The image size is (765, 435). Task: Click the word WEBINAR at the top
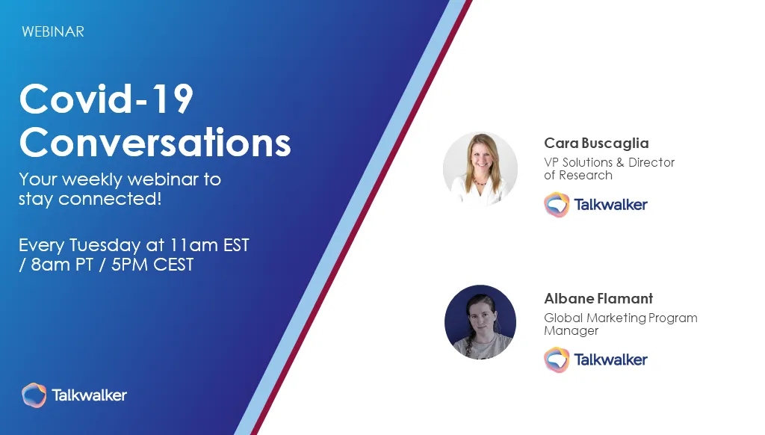[x=53, y=31]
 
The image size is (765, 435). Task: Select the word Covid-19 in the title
[x=106, y=99]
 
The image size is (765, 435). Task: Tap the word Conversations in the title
[x=155, y=142]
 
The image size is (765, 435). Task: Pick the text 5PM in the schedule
[x=129, y=265]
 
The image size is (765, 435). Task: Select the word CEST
[x=173, y=265]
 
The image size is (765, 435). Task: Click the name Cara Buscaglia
[x=596, y=143]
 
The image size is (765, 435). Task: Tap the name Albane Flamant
[x=598, y=298]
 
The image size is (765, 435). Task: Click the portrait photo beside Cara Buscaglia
[x=480, y=168]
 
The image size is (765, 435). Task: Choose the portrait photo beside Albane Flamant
[x=480, y=322]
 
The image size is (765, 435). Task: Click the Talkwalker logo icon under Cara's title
[x=557, y=205]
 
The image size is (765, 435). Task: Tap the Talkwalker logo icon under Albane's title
[x=557, y=360]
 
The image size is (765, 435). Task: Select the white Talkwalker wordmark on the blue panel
[x=90, y=395]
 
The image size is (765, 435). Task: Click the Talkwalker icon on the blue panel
[x=34, y=395]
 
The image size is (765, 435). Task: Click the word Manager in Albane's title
[x=572, y=331]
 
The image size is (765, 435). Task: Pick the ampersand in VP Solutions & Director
[x=620, y=163]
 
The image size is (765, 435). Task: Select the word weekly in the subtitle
[x=92, y=179]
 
